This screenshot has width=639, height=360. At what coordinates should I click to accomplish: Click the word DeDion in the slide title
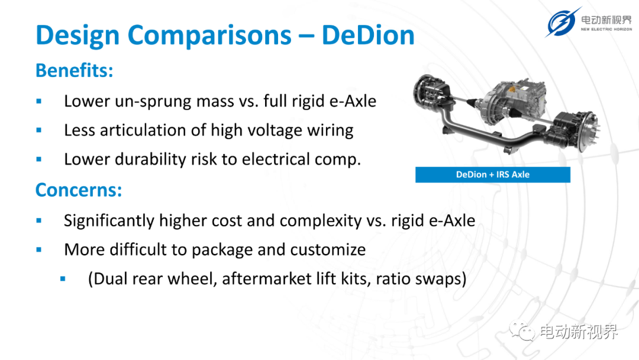[x=368, y=35]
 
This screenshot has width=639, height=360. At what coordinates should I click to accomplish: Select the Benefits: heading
[x=74, y=70]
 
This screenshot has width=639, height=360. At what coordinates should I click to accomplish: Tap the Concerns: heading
[x=79, y=190]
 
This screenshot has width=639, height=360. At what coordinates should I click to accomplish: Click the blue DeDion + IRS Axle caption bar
[x=493, y=175]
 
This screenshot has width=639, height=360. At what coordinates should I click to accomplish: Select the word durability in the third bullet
[x=150, y=159]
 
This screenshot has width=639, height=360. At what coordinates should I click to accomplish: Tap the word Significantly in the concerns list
[x=109, y=221]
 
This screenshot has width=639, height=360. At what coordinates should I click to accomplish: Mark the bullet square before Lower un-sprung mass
[x=38, y=101]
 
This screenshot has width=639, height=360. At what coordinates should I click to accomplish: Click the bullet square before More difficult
[x=38, y=249]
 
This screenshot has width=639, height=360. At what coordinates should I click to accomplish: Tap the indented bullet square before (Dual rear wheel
[x=63, y=279]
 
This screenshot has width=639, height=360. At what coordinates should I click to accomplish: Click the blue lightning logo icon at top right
[x=563, y=22]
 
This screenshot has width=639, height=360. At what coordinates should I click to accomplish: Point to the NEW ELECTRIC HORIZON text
[x=606, y=30]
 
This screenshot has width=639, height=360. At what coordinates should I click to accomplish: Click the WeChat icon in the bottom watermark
[x=522, y=331]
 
